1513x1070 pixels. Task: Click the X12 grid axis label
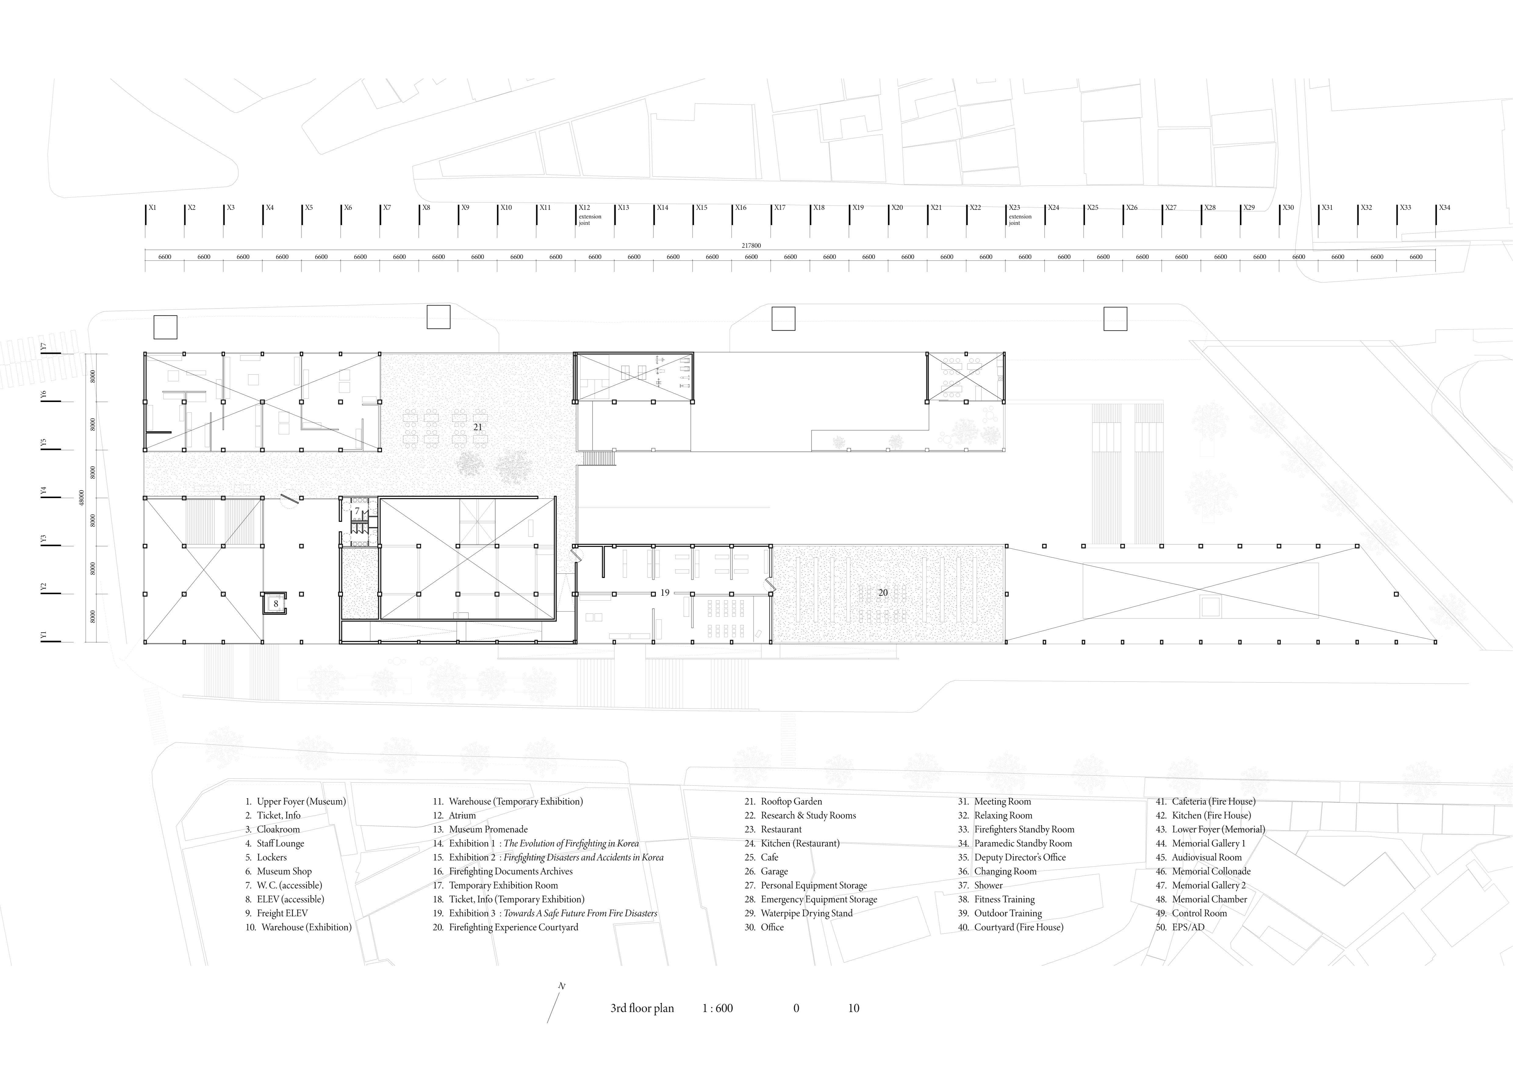tap(585, 207)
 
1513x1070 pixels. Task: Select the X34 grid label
tap(1444, 207)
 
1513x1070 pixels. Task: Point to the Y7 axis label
tap(44, 346)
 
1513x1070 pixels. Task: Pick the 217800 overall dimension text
tap(751, 246)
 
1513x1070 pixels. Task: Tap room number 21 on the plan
tap(478, 427)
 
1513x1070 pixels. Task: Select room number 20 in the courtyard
tap(883, 592)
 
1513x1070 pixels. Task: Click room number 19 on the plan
tap(665, 592)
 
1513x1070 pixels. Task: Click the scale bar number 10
tap(853, 1008)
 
